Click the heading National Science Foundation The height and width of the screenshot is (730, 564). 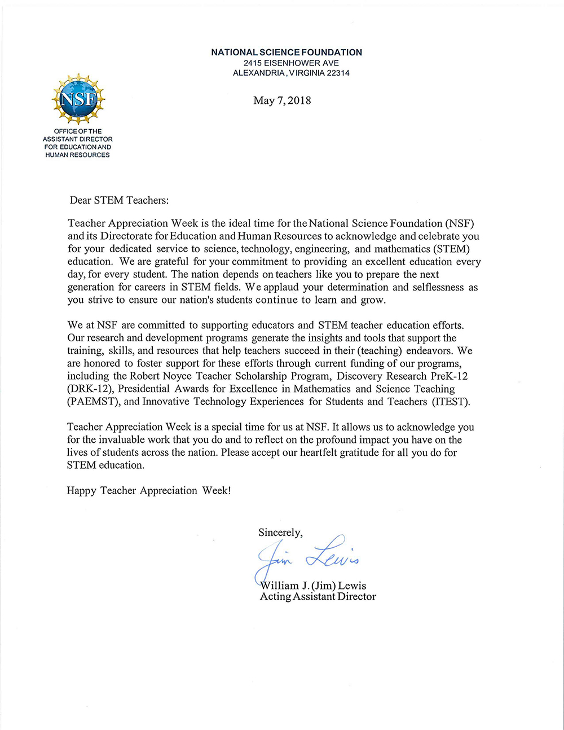click(287, 52)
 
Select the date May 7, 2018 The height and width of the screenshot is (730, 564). click(282, 101)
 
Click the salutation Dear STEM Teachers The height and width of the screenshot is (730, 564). click(119, 200)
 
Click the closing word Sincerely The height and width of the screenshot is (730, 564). click(280, 533)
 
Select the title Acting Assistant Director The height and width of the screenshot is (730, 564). click(318, 597)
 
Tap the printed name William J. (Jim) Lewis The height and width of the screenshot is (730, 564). click(314, 586)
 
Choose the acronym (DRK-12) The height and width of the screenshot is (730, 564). click(91, 389)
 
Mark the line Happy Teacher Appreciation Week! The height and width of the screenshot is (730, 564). click(149, 491)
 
